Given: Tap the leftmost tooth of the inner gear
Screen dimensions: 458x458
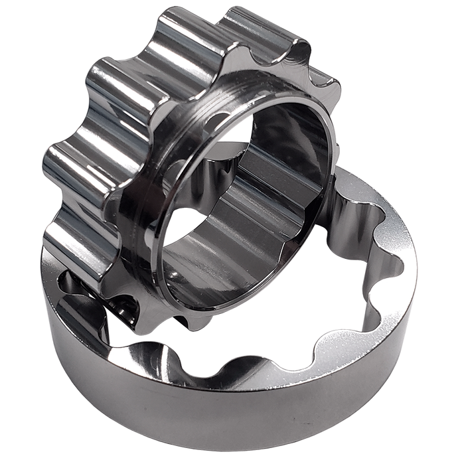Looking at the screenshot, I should pos(63,166).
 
